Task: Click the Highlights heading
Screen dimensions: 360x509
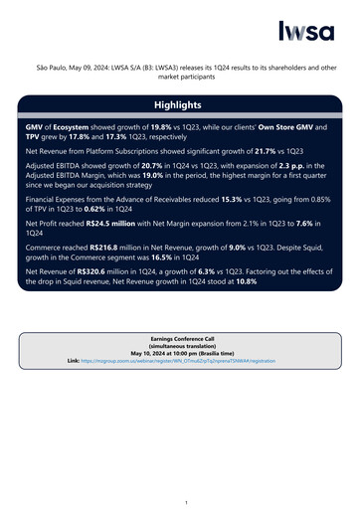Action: pos(178,104)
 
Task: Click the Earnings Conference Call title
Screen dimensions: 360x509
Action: pos(179,340)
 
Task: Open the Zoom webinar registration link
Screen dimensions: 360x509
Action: pos(189,362)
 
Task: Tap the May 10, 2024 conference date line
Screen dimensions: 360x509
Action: pos(179,354)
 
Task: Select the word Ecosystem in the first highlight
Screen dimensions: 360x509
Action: pos(75,128)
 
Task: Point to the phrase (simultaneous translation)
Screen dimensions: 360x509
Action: pos(179,347)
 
